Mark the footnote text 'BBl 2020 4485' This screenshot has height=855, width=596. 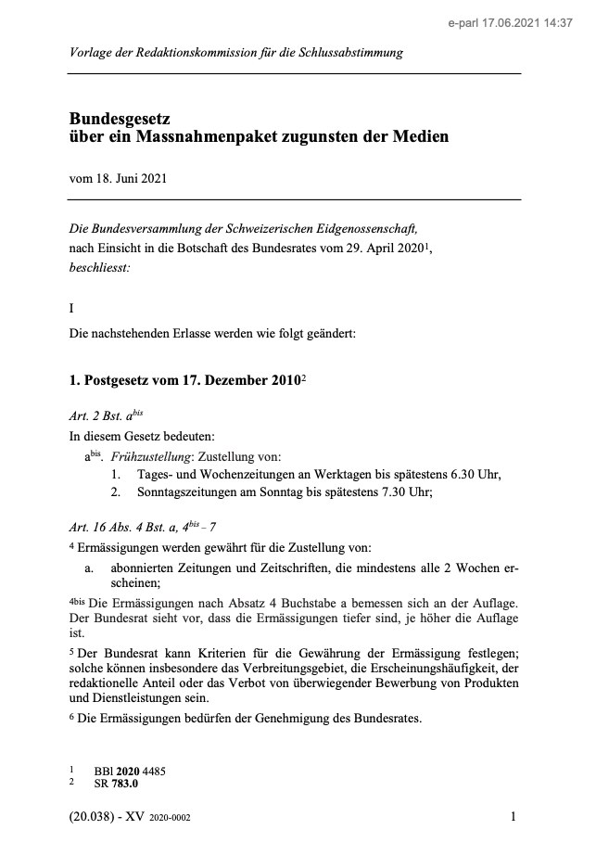(x=130, y=772)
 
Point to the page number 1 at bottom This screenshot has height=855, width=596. (x=513, y=817)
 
